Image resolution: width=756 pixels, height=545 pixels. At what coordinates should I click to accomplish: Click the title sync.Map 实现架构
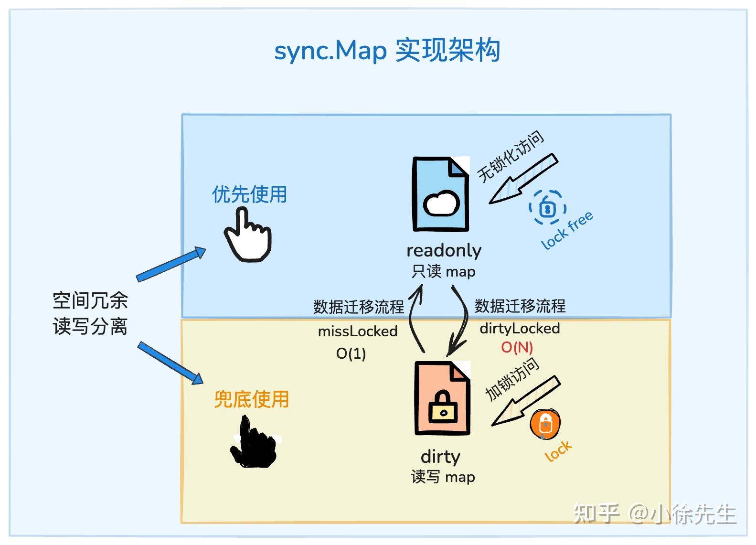387,51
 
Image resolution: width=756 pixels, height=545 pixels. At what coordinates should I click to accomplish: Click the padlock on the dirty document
443,407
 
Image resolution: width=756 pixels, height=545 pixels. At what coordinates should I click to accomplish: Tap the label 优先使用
249,194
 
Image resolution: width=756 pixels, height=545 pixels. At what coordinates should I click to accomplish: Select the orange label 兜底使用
251,399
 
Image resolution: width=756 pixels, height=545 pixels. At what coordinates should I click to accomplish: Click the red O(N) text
517,347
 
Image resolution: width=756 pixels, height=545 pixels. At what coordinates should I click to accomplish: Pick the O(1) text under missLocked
351,353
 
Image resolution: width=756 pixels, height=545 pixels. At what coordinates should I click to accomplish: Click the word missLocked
358,331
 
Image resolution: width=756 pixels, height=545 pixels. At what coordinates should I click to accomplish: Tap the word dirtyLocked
520,329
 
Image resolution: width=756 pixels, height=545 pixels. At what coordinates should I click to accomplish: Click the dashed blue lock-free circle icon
547,207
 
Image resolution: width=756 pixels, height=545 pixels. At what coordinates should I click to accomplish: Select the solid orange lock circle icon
545,424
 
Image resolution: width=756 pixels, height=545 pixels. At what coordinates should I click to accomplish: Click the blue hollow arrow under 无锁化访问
523,179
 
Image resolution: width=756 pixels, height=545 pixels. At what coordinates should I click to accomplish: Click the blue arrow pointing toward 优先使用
171,264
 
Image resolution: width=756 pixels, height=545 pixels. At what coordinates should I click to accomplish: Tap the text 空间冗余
90,301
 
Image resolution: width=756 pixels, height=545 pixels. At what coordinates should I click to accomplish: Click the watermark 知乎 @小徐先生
654,514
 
